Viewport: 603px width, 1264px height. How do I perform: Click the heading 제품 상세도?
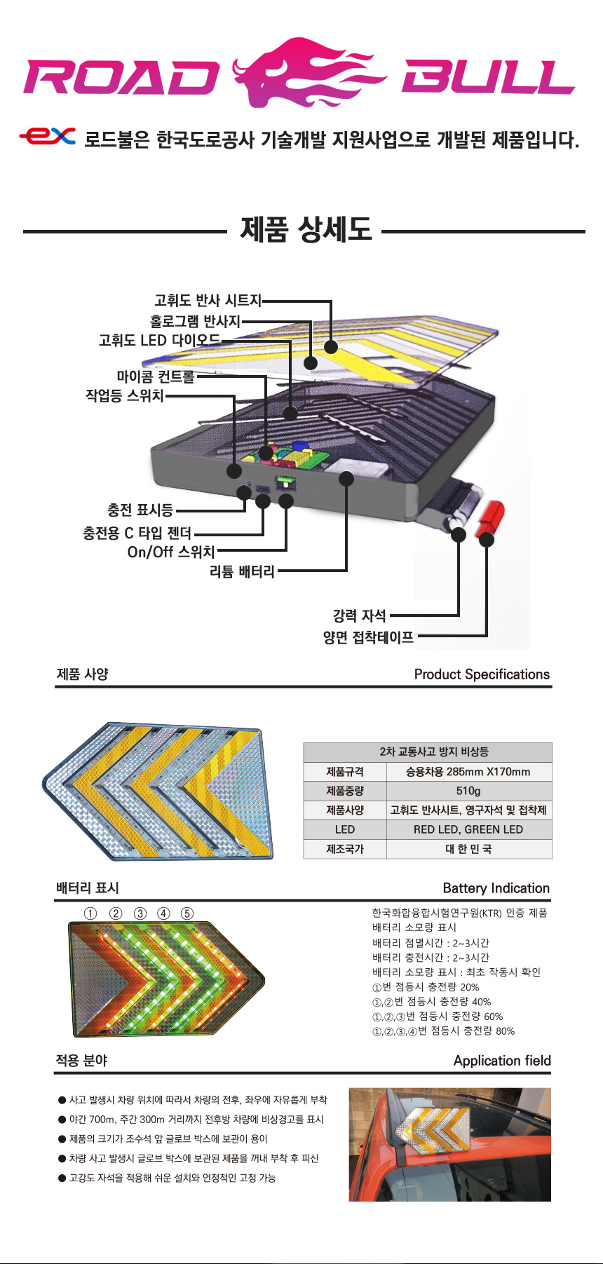coord(306,229)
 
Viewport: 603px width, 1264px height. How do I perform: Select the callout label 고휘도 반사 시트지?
coord(208,301)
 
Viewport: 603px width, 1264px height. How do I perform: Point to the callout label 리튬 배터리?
coord(242,571)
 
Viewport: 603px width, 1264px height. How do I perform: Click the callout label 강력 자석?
coord(359,616)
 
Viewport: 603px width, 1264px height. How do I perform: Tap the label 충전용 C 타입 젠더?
coord(137,533)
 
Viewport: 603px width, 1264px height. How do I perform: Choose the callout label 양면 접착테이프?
coord(368,637)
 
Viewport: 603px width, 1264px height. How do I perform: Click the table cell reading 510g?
coord(468,791)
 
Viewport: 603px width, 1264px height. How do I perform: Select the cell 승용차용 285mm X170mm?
coord(468,772)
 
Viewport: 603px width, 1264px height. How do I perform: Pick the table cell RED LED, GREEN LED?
coord(468,829)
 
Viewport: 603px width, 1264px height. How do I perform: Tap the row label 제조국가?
coord(345,849)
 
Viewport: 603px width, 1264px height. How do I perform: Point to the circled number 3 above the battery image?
coord(140,913)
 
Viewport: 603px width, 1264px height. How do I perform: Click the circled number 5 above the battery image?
coord(187,913)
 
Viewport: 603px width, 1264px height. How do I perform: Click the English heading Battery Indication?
coord(496,888)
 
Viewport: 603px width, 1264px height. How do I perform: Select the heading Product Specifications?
coord(482,674)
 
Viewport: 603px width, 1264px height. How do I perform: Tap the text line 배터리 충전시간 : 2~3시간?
coord(431,958)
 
